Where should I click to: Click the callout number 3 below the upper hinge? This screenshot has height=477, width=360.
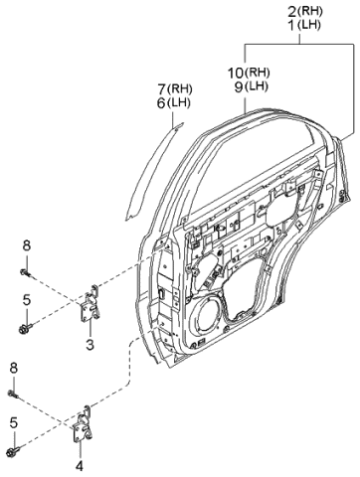coord(90,345)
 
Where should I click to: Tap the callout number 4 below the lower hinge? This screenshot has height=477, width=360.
coord(80,466)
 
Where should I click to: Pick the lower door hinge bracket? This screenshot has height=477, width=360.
coord(82,423)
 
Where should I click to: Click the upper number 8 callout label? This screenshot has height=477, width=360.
coord(27,245)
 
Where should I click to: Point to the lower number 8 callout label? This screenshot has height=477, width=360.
coord(13,368)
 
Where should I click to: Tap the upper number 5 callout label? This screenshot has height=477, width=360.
coord(27,300)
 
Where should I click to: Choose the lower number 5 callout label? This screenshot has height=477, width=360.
coord(13,422)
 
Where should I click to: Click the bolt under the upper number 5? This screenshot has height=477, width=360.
coord(25,329)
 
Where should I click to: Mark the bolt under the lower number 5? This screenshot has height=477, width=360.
coord(13,450)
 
